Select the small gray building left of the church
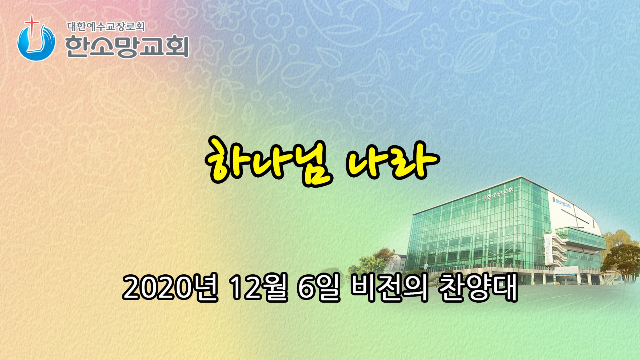[397, 263]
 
